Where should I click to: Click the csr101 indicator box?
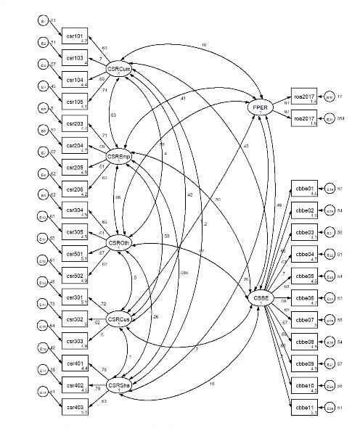pyautogui.click(x=75, y=37)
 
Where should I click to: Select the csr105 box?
pyautogui.click(x=75, y=102)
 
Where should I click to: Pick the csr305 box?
pyautogui.click(x=75, y=233)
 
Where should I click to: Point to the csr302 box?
pyautogui.click(x=75, y=319)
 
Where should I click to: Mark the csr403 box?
pyautogui.click(x=75, y=410)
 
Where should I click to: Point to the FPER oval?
pyautogui.click(x=259, y=107)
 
